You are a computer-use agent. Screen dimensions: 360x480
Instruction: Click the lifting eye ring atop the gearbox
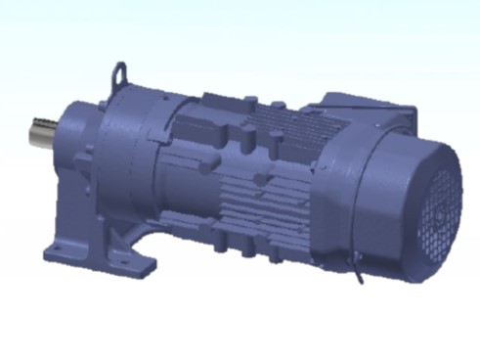[119, 74]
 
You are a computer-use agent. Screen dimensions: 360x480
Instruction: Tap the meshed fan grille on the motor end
[440, 210]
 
